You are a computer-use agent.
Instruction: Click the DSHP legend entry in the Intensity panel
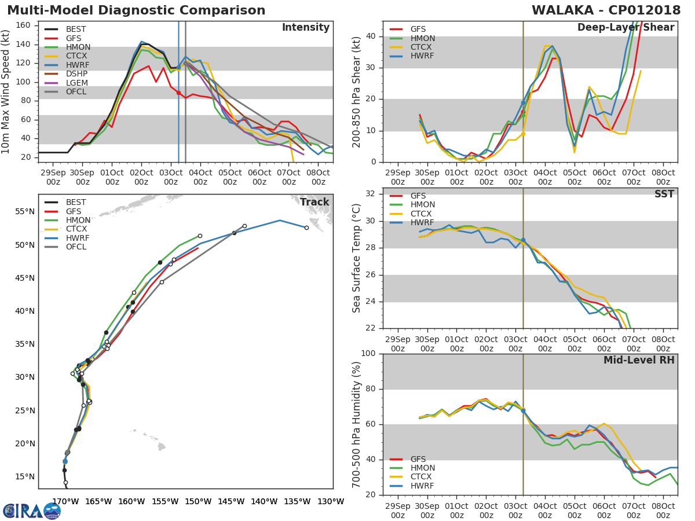point(66,74)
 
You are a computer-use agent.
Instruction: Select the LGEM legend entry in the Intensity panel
point(66,83)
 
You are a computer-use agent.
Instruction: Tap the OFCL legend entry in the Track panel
point(65,247)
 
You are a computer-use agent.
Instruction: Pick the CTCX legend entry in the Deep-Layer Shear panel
point(411,47)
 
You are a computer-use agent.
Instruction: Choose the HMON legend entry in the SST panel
point(412,205)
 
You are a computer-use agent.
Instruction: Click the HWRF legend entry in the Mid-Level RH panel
point(412,486)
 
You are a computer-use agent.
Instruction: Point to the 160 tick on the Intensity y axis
point(23,25)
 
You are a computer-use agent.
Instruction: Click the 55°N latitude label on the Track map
point(25,212)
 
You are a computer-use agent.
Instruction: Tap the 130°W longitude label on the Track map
point(331,501)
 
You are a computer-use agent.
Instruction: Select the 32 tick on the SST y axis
point(371,193)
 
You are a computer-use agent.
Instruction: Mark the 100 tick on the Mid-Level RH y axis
point(368,353)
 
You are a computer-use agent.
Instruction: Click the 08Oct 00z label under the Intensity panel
point(318,177)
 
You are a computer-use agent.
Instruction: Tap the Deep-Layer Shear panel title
point(625,27)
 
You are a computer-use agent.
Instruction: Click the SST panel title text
point(664,193)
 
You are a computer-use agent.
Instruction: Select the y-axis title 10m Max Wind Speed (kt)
point(5,91)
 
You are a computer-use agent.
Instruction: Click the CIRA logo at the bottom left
point(32,511)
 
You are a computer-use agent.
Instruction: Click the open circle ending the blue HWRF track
point(306,228)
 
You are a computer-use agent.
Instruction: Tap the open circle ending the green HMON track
point(200,236)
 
